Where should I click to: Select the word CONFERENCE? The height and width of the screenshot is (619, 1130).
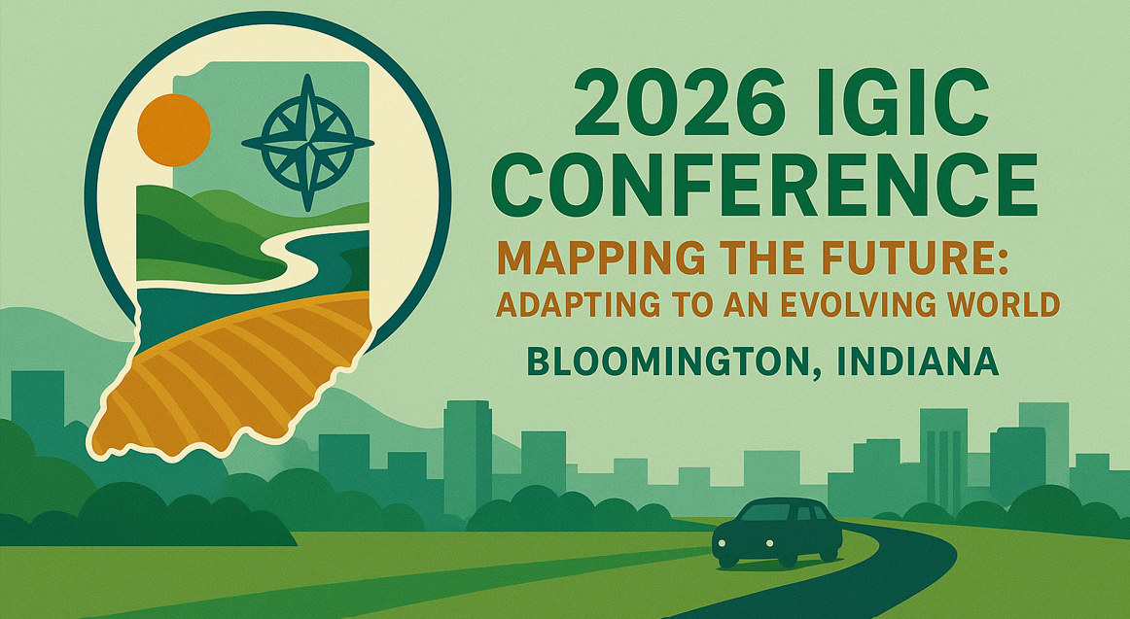(774, 187)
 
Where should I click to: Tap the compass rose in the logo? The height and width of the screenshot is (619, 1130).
(307, 143)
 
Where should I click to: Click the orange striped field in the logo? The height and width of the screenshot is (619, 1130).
(224, 379)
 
